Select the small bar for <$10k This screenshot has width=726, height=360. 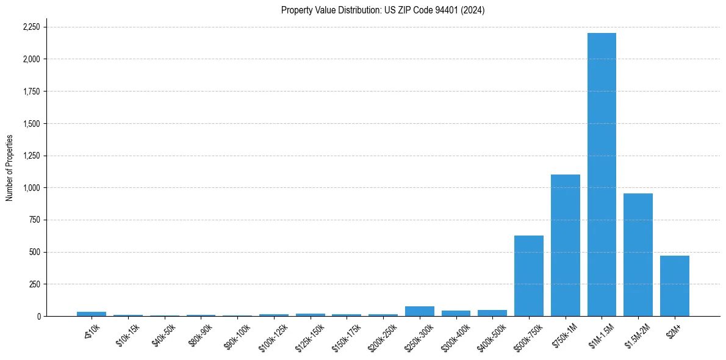(92, 314)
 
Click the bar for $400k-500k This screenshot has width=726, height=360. (492, 313)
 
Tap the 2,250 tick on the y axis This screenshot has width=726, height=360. (31, 27)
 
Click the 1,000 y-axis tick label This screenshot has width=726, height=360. (31, 188)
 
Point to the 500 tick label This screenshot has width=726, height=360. (35, 252)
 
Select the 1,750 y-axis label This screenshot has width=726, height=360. (31, 92)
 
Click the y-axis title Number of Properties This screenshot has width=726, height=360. (10, 168)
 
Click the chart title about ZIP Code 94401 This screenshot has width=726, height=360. (383, 10)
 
